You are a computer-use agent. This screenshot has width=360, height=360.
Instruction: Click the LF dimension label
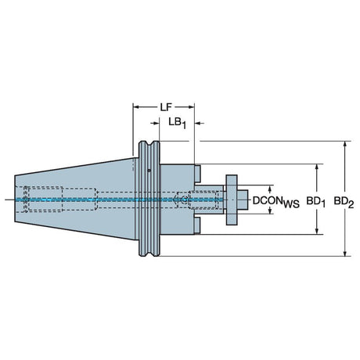click(165, 107)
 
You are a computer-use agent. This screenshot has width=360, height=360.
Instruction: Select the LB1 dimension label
click(178, 123)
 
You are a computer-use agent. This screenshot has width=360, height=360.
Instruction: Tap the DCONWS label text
click(276, 201)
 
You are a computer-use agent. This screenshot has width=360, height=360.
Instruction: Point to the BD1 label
click(315, 202)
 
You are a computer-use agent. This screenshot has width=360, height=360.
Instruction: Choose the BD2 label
click(344, 202)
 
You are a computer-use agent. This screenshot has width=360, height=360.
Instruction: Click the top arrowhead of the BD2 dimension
click(345, 145)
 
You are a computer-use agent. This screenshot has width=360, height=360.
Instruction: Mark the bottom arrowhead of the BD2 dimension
click(345, 253)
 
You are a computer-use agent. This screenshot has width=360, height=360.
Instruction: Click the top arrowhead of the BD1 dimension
click(317, 167)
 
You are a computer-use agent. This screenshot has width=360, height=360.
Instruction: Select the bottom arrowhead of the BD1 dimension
click(317, 231)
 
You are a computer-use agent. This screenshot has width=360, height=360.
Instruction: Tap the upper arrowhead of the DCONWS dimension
click(270, 189)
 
